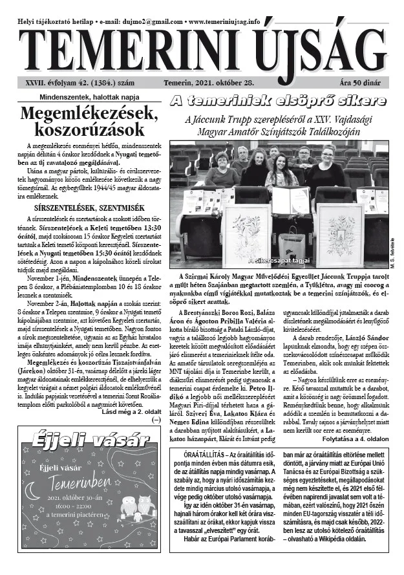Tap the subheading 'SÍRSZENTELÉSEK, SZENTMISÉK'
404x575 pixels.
click(88, 208)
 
